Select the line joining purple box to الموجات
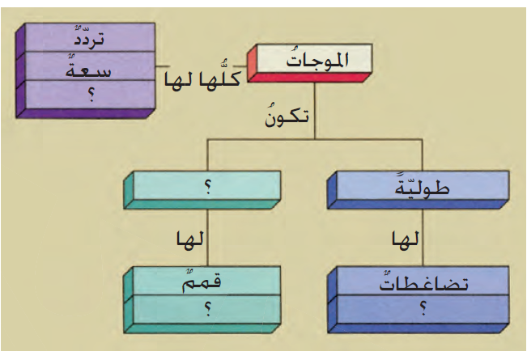162,65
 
